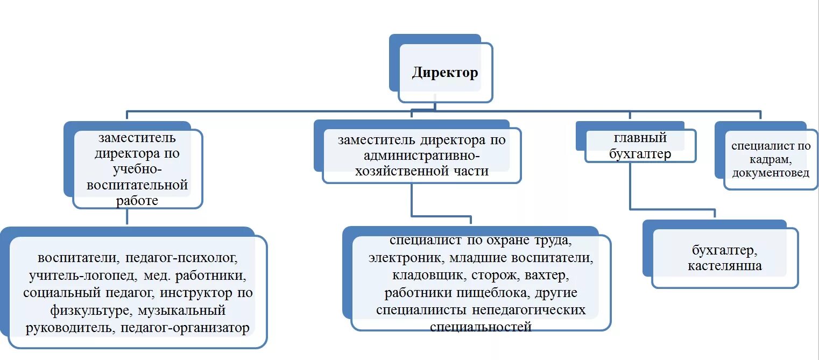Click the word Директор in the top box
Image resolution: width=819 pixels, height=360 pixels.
pos(444,73)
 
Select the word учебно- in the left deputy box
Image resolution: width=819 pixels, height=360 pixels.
pos(137,169)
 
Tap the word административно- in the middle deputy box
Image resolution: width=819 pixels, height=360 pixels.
pos(421,156)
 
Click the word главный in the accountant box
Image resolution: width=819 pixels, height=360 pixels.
pos(640,138)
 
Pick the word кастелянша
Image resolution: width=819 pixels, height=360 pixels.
pos(724,266)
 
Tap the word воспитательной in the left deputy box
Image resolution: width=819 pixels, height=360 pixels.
pos(137,185)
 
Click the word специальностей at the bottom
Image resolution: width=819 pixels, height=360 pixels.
pos(481,327)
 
